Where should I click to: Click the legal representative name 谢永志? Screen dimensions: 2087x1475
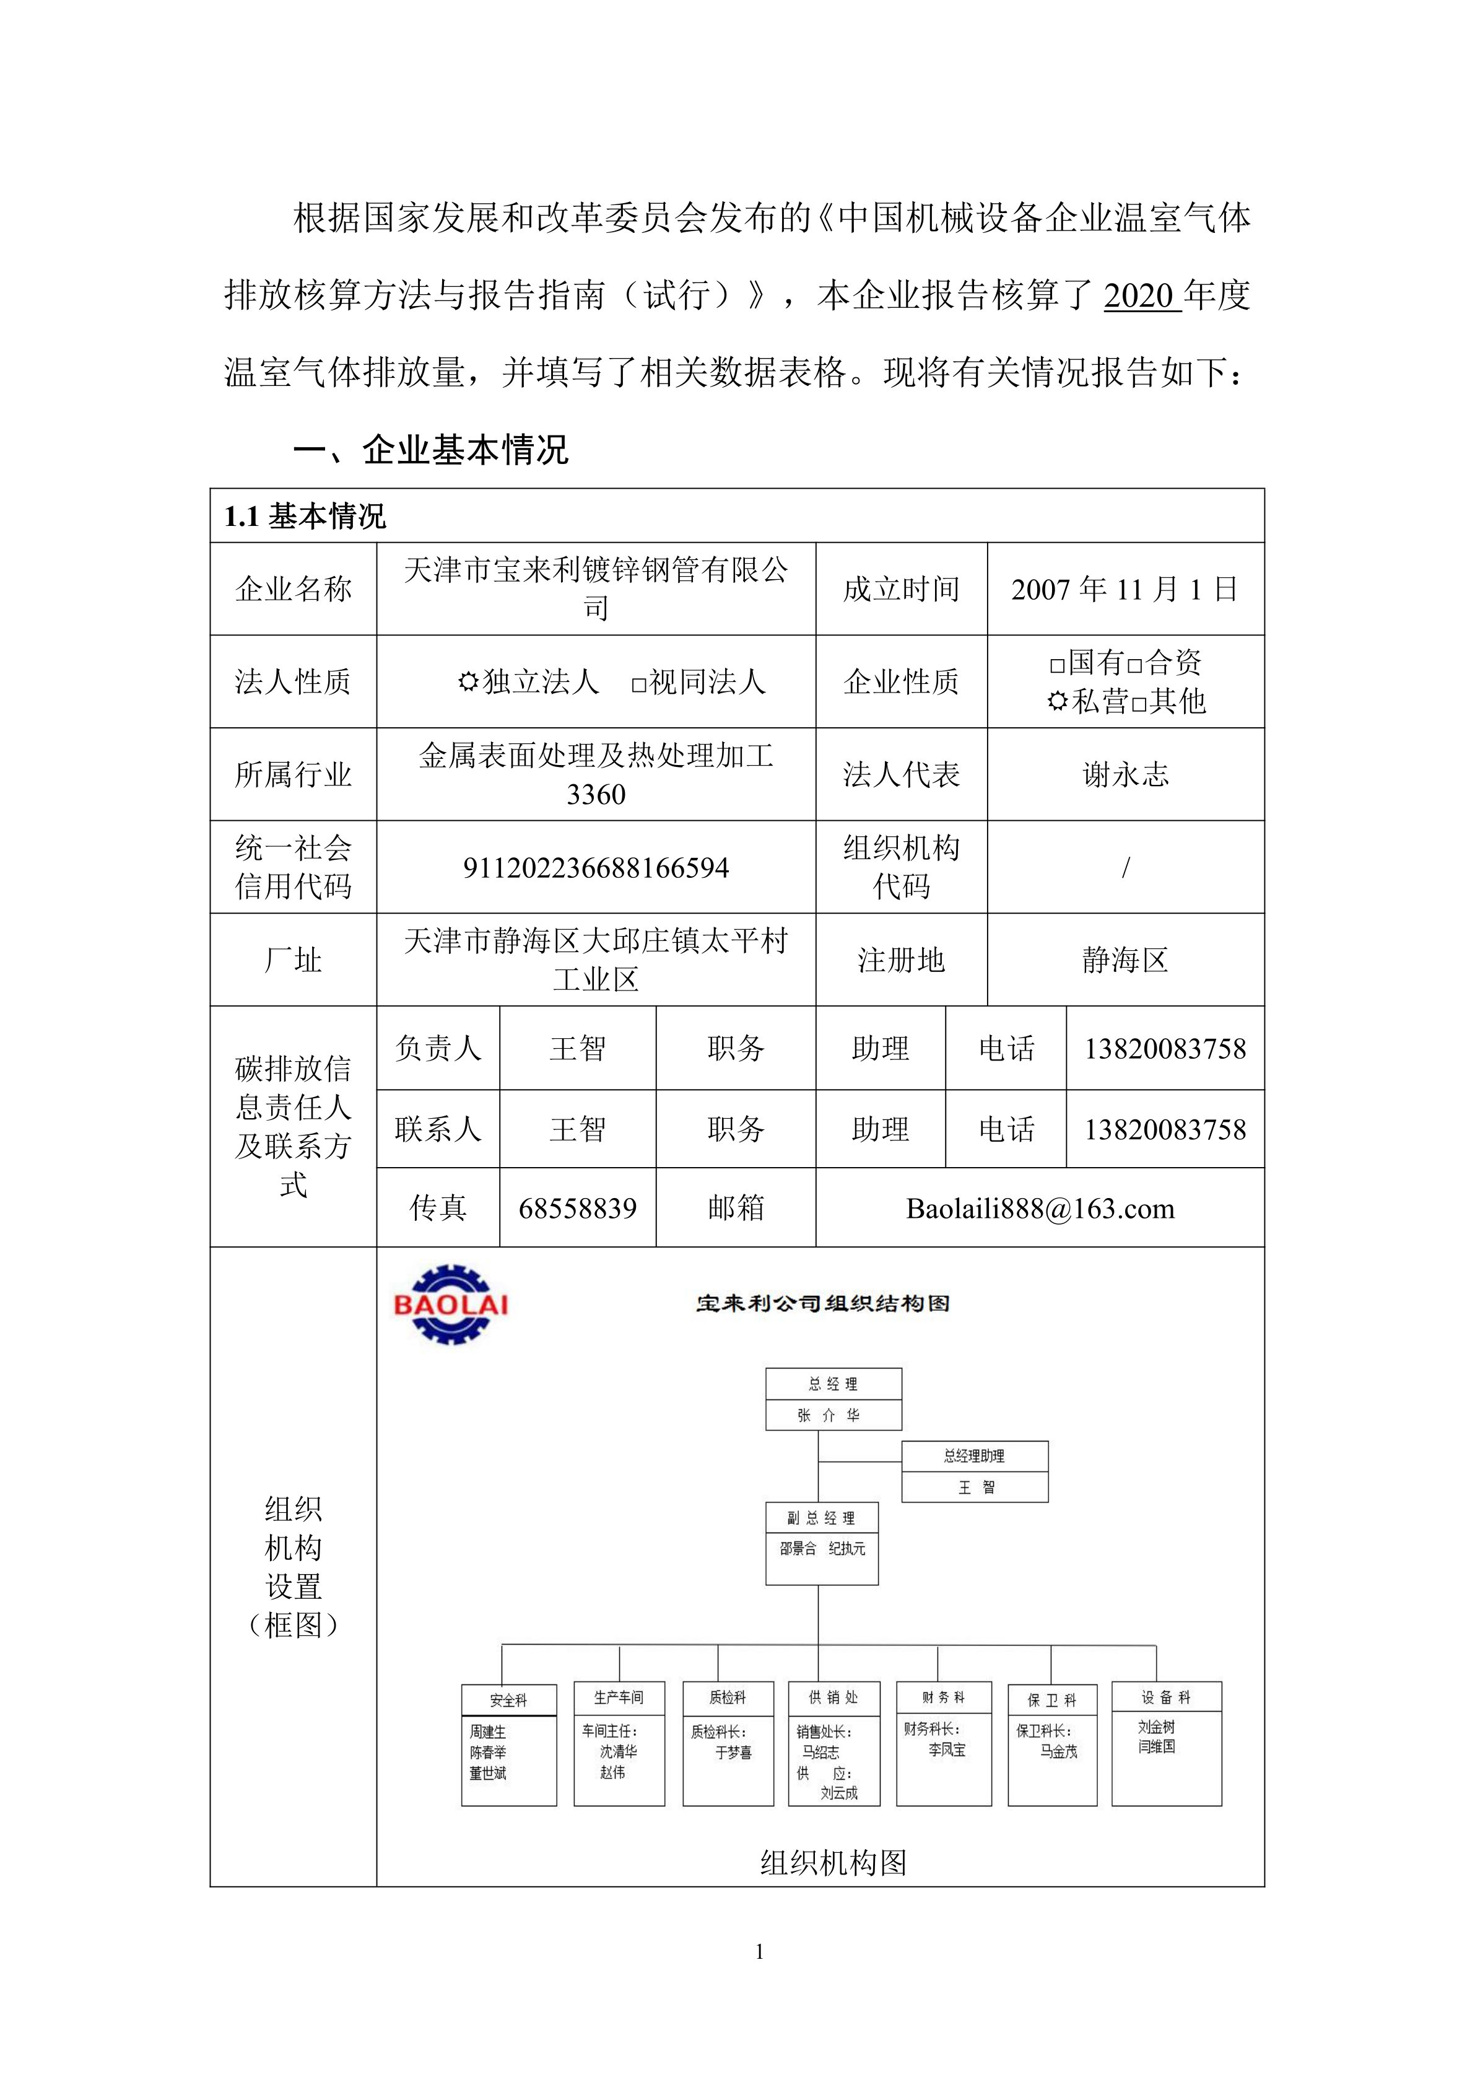click(x=1125, y=774)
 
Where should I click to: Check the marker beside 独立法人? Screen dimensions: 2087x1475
click(x=468, y=682)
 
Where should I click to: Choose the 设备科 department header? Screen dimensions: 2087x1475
click(x=1166, y=1697)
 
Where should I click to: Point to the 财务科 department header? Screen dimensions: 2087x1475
click(x=943, y=1697)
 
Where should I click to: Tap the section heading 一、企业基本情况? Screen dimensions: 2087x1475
click(x=431, y=450)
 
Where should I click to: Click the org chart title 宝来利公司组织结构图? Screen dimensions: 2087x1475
click(x=822, y=1303)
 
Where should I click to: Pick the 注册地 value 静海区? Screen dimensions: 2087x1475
click(x=1125, y=960)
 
